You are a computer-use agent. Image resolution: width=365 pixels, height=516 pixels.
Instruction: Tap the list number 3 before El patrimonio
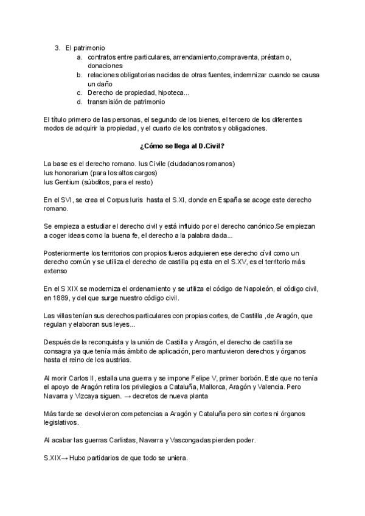click(57, 47)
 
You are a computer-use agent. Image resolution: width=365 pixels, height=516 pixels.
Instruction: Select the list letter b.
click(79, 75)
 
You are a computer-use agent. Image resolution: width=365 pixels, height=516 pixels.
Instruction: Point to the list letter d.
click(79, 102)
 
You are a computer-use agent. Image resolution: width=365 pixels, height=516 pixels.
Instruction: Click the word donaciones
click(105, 66)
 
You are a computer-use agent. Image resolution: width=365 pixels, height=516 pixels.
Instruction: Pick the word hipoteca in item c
click(172, 92)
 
